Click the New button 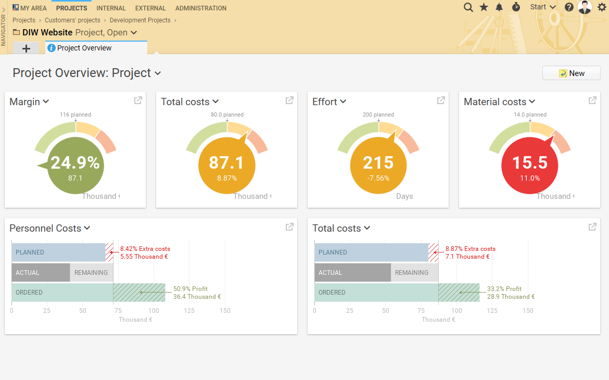point(571,73)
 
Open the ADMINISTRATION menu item point(200,8)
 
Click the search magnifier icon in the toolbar point(468,7)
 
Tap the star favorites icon point(484,7)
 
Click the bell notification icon point(499,7)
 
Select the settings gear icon point(602,7)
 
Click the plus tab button point(26,48)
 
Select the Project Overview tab point(84,48)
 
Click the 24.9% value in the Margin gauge point(75,163)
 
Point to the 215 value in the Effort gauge point(378,163)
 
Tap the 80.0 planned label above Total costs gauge point(227,115)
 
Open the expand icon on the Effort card point(441,100)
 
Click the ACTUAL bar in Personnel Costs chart point(41,272)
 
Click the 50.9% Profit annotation point(191,289)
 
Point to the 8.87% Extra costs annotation point(470,249)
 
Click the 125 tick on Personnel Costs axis point(189,311)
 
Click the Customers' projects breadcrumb point(72,20)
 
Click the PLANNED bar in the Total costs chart point(371,252)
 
